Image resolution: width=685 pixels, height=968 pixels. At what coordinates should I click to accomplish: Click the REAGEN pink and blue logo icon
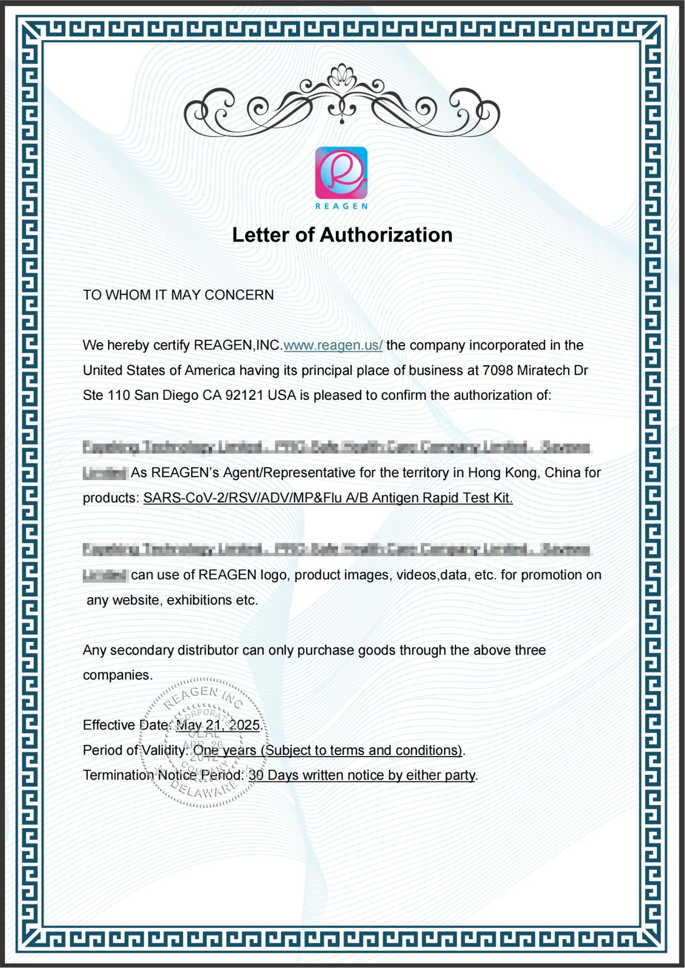[341, 172]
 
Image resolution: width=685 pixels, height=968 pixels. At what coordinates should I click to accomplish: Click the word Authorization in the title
[386, 235]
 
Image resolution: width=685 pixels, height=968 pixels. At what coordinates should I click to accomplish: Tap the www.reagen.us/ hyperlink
[333, 345]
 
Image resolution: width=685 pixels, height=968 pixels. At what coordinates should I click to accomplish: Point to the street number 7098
[498, 370]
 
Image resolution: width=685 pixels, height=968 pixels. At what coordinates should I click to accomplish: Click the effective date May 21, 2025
[218, 725]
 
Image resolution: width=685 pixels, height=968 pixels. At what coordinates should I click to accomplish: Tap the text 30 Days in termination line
[270, 775]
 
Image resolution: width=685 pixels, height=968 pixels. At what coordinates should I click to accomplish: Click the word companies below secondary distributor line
[117, 675]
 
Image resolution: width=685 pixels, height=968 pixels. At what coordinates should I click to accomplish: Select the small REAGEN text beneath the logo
[341, 206]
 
